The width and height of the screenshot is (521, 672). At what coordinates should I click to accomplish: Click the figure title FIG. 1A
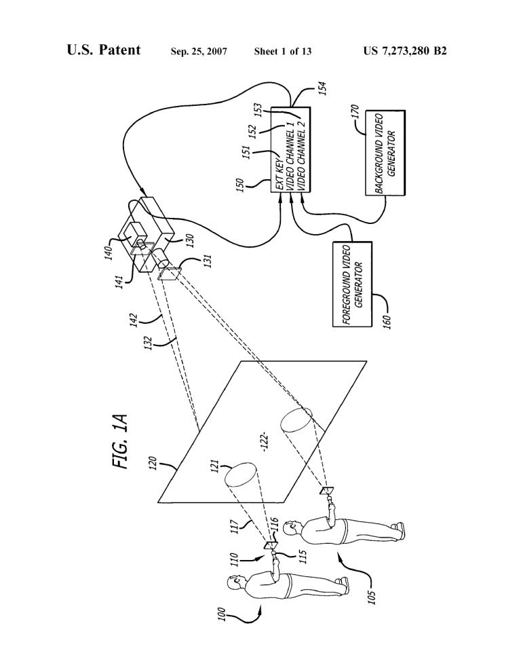click(x=120, y=441)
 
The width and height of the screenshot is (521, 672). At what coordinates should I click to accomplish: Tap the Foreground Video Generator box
click(x=353, y=284)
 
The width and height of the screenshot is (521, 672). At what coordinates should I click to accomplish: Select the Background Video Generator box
click(x=385, y=153)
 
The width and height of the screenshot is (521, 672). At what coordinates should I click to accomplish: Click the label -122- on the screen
click(x=265, y=443)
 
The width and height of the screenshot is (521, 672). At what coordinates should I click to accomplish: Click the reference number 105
click(x=372, y=597)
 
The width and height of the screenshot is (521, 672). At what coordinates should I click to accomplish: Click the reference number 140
click(x=109, y=252)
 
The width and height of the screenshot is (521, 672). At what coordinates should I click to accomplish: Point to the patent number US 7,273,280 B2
click(x=405, y=51)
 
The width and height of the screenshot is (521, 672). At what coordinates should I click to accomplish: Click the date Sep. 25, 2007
click(x=199, y=52)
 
